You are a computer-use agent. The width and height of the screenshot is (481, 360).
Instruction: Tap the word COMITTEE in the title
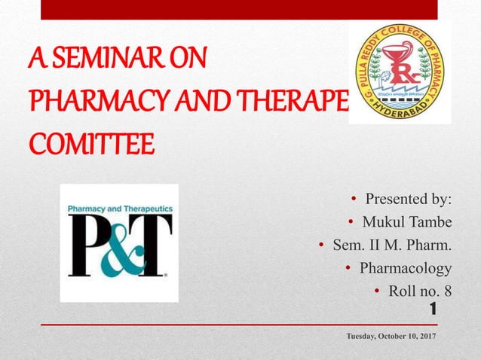(79, 142)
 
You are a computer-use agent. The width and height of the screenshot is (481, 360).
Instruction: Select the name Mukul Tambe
(407, 222)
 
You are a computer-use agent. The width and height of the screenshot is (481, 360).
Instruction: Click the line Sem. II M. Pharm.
(392, 245)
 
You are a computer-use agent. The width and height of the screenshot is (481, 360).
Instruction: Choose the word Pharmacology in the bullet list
(406, 267)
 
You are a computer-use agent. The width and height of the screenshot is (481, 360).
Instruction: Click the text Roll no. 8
(420, 290)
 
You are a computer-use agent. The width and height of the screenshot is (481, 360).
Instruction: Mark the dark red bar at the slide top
(238, 10)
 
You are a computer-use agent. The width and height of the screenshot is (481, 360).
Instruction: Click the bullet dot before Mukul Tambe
(351, 222)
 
